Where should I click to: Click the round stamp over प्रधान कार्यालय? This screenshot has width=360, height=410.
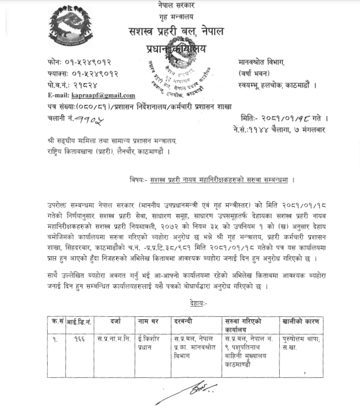(x=178, y=75)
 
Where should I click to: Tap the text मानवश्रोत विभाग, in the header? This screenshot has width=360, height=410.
(x=261, y=63)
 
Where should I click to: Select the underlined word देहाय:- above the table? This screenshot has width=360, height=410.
(x=199, y=303)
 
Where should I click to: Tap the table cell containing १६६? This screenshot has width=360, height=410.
(x=79, y=339)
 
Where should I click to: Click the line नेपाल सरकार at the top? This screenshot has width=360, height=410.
(x=175, y=5)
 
